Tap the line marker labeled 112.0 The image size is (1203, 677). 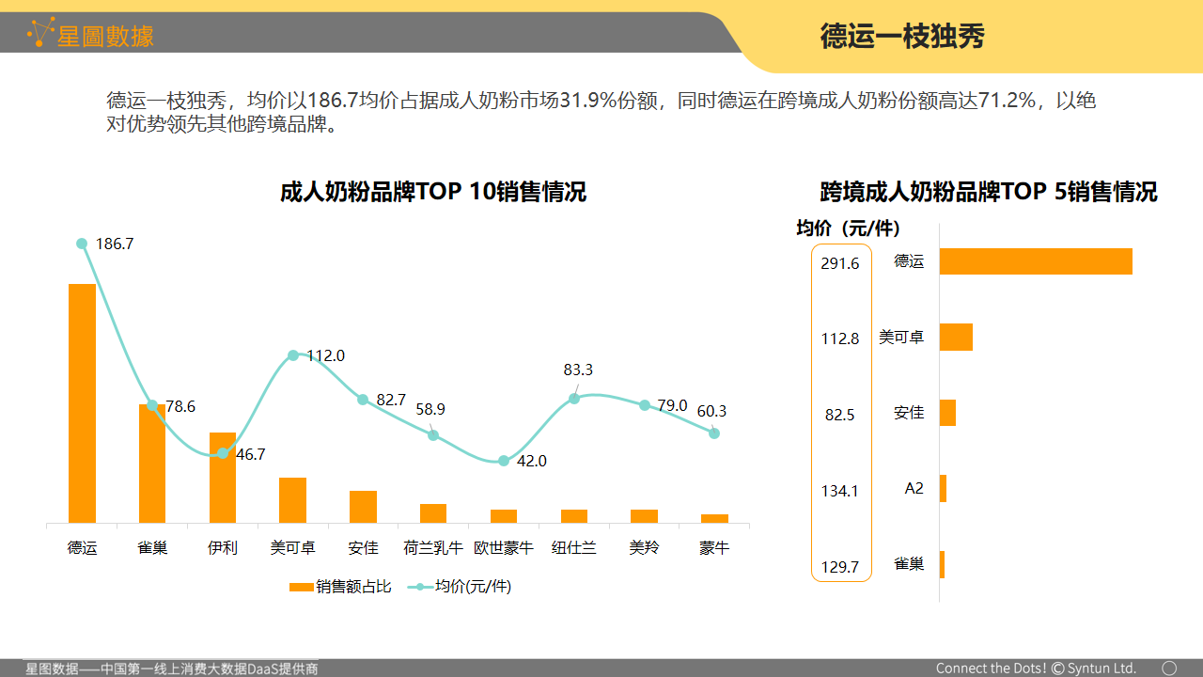tap(293, 355)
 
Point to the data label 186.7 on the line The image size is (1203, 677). tap(115, 244)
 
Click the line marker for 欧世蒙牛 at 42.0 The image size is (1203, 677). tap(504, 461)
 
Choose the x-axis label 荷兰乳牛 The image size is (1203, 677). tap(433, 547)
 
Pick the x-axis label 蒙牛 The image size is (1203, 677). tap(714, 547)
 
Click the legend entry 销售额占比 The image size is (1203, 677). tap(340, 587)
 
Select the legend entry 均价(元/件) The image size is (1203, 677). tap(461, 587)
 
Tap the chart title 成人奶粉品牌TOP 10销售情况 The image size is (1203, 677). tap(433, 192)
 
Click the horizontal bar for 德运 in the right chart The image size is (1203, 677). tap(1036, 261)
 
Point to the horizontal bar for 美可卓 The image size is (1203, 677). tap(956, 337)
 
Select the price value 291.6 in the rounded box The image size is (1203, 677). tap(840, 263)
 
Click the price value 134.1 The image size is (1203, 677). tap(840, 490)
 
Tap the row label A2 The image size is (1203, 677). tap(914, 489)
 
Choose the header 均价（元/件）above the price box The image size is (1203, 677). tap(849, 228)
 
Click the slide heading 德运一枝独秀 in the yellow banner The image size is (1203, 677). tap(902, 37)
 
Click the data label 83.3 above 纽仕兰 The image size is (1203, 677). tap(578, 370)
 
